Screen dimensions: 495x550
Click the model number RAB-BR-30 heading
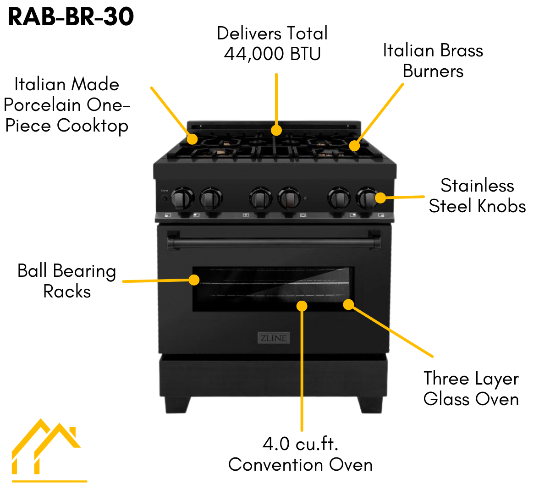(71, 17)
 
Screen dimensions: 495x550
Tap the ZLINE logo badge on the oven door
(274, 338)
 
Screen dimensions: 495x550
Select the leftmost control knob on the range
(182, 198)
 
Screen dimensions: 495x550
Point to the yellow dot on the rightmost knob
(380, 198)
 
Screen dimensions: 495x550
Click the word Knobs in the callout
(501, 207)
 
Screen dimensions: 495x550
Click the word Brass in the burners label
(461, 51)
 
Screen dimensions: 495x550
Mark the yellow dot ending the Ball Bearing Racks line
(194, 280)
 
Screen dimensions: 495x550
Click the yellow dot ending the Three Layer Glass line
(348, 304)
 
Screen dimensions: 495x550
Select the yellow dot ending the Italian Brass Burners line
(354, 146)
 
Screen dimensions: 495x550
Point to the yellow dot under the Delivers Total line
(276, 131)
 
